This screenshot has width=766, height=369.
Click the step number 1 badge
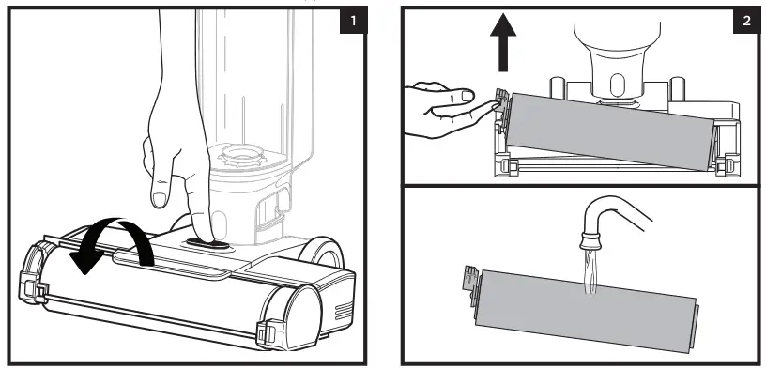(353, 21)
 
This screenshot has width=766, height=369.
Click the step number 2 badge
(746, 21)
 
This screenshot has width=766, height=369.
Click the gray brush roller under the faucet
(585, 310)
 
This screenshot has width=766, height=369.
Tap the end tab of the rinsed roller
(469, 285)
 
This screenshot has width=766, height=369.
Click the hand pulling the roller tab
(450, 109)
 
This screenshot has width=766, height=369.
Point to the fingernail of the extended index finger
(468, 95)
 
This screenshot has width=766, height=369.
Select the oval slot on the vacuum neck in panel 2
(617, 85)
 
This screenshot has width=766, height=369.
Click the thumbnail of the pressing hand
(159, 199)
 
